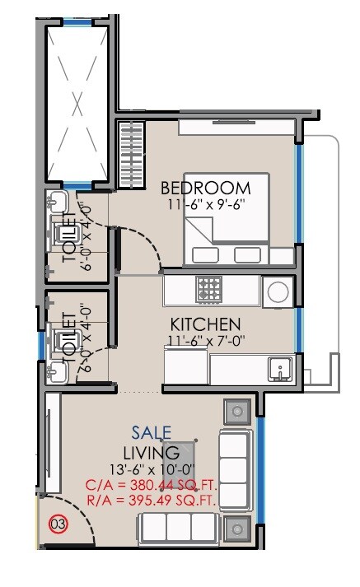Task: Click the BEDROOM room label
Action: click(205, 187)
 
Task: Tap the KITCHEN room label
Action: click(205, 324)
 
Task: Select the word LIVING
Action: click(152, 453)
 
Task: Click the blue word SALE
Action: click(152, 432)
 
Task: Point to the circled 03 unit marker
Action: click(58, 523)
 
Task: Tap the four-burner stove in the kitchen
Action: click(208, 290)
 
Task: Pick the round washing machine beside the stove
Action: click(277, 291)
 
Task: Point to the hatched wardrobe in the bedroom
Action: click(130, 156)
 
